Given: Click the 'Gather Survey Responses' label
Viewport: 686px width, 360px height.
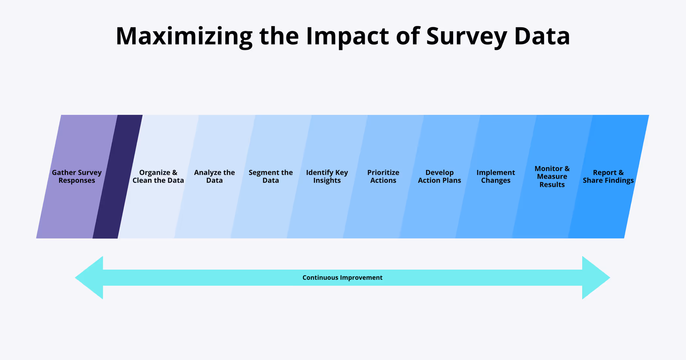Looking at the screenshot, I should click(77, 176).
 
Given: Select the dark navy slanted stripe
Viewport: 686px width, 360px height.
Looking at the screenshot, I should click(118, 176).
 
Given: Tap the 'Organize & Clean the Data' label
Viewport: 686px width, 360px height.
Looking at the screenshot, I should click(158, 176).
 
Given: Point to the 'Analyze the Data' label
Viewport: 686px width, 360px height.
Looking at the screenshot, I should click(214, 176).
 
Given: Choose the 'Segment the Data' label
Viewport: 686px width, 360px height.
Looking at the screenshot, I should click(270, 176).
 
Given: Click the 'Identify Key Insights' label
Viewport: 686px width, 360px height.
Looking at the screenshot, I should click(327, 176).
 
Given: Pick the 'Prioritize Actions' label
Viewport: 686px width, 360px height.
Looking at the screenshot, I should click(383, 176).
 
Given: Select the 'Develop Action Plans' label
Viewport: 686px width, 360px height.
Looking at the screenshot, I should click(439, 176).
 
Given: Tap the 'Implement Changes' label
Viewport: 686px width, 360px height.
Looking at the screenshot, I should click(496, 176).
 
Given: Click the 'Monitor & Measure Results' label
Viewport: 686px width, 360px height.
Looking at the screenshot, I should click(552, 176).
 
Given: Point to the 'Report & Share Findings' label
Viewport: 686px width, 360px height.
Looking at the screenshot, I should click(608, 176).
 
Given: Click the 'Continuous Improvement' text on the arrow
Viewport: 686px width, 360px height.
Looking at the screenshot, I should click(342, 278).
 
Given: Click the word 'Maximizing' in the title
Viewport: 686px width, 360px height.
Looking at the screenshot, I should click(184, 36).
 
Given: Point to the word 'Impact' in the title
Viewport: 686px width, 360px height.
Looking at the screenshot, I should click(347, 36).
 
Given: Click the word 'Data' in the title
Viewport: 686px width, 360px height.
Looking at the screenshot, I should click(542, 36).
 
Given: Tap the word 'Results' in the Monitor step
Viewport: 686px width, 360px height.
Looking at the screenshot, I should click(552, 185).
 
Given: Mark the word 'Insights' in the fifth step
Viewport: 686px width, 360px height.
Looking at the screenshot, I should click(327, 181).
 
